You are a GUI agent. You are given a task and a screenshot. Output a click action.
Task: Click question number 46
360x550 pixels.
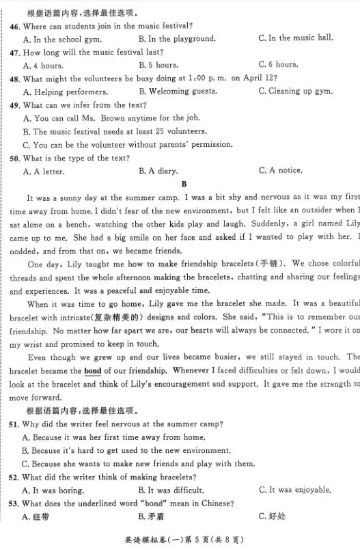pos(14,26)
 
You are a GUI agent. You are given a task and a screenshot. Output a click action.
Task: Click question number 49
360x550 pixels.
pos(14,105)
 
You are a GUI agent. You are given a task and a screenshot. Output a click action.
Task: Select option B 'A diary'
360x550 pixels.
pos(158,171)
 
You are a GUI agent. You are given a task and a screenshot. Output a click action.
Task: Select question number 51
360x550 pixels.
pos(14,424)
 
